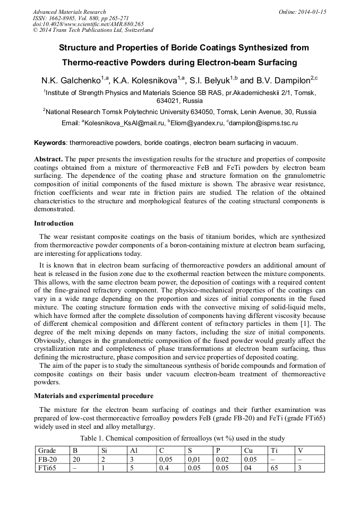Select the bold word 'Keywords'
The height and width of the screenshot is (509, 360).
(50, 143)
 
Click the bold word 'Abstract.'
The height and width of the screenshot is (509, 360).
(48, 159)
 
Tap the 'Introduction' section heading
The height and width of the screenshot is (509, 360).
(54, 223)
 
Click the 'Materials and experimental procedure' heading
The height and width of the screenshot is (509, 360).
(94, 396)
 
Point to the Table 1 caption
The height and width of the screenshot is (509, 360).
(182, 438)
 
